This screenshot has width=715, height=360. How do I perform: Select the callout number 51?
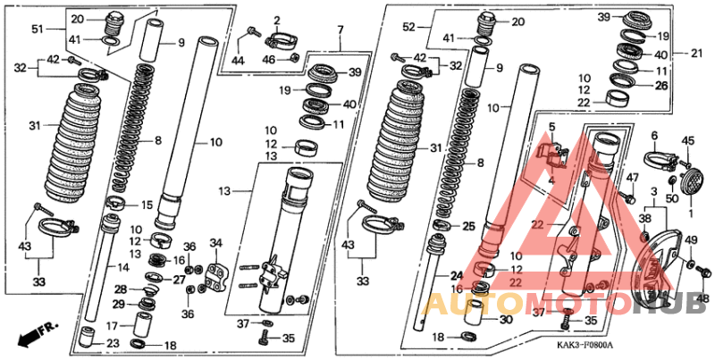coord(37,29)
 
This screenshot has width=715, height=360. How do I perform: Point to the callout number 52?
coord(409,28)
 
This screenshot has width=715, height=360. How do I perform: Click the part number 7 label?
coord(341,31)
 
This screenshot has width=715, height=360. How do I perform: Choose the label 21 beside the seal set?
coord(697,54)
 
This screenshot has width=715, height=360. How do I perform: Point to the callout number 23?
coord(113,344)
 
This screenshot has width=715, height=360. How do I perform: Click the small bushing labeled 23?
coord(87,337)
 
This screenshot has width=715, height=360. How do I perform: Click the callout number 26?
coord(661,85)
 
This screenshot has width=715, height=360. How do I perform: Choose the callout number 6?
coord(655,136)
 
